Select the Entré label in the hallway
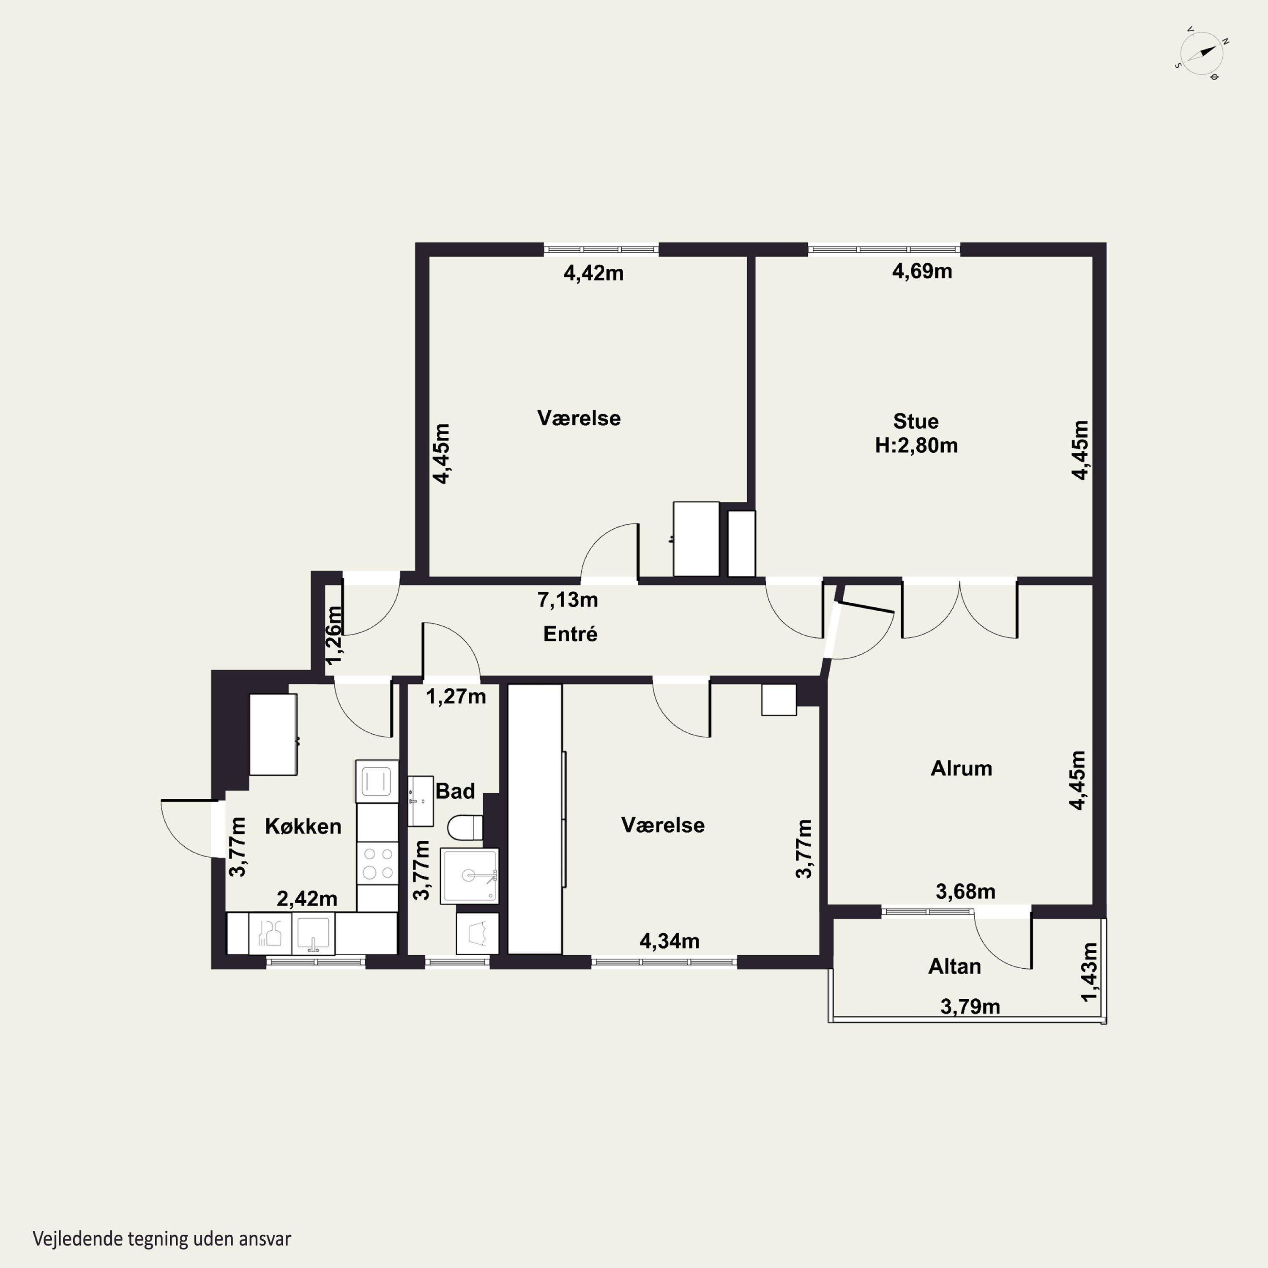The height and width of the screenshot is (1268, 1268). [570, 634]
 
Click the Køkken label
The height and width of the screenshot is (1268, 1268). [303, 826]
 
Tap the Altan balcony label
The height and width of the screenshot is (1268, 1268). [954, 966]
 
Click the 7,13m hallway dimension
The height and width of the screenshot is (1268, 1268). [568, 599]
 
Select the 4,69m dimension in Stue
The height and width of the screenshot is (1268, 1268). [922, 271]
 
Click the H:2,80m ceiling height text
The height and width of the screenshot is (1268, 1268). [916, 445]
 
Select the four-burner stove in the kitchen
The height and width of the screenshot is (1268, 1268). [377, 863]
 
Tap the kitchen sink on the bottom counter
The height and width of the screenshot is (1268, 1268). [313, 933]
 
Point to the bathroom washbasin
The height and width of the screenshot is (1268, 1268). [420, 801]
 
